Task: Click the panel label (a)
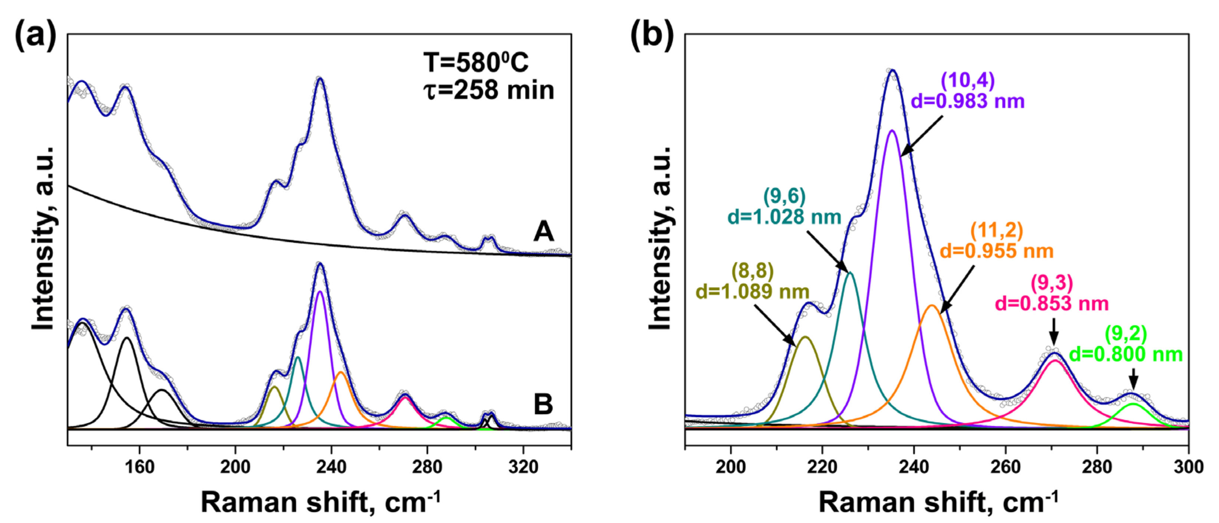pyautogui.click(x=36, y=36)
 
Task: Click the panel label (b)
pyautogui.click(x=652, y=36)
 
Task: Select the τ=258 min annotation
pyautogui.click(x=488, y=90)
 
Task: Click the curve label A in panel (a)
pyautogui.click(x=543, y=232)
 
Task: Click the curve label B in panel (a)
pyautogui.click(x=543, y=404)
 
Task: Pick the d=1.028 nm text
pyautogui.click(x=784, y=217)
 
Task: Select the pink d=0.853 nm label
pyautogui.click(x=1052, y=303)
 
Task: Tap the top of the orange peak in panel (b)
pyautogui.click(x=932, y=306)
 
